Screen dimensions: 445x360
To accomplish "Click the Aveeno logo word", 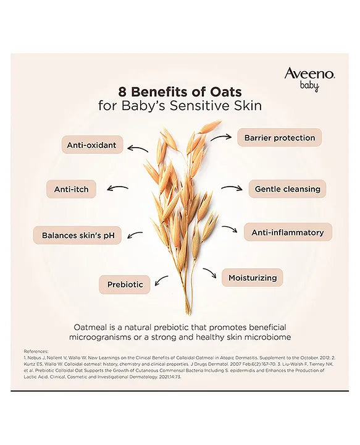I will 309,74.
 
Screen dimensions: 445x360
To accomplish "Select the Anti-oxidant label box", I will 92,146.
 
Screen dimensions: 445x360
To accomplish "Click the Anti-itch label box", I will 72,189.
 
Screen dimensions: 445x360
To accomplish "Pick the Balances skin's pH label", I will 78,235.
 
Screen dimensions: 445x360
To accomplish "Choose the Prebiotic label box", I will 125,284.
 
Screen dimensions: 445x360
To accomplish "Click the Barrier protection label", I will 279,137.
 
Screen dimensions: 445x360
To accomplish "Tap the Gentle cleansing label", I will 287,189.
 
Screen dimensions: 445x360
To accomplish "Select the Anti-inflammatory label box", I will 288,232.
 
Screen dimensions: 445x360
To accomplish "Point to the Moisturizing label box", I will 252,278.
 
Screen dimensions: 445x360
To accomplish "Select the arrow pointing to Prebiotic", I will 162,281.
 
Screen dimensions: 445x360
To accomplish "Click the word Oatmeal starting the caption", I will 94,326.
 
